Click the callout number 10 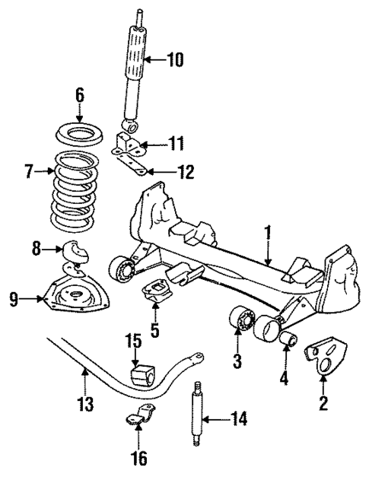click(x=174, y=59)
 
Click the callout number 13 click(x=88, y=402)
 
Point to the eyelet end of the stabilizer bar click(x=198, y=357)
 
